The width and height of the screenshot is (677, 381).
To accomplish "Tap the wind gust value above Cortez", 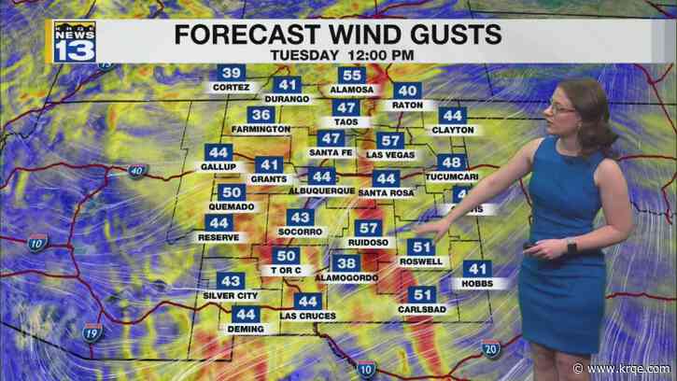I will click(232, 74).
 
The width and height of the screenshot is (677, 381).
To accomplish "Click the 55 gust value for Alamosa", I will click(352, 76).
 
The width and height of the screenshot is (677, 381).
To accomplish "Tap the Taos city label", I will click(345, 121).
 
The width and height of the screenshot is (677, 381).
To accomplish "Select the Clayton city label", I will click(453, 130).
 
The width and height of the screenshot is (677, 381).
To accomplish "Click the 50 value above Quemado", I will click(233, 193).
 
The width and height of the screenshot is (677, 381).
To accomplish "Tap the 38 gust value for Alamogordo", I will click(346, 263).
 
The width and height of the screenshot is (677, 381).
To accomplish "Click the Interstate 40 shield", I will click(136, 171).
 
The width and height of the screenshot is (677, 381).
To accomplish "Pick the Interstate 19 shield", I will click(92, 332).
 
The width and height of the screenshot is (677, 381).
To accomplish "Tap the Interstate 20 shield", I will click(490, 348).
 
